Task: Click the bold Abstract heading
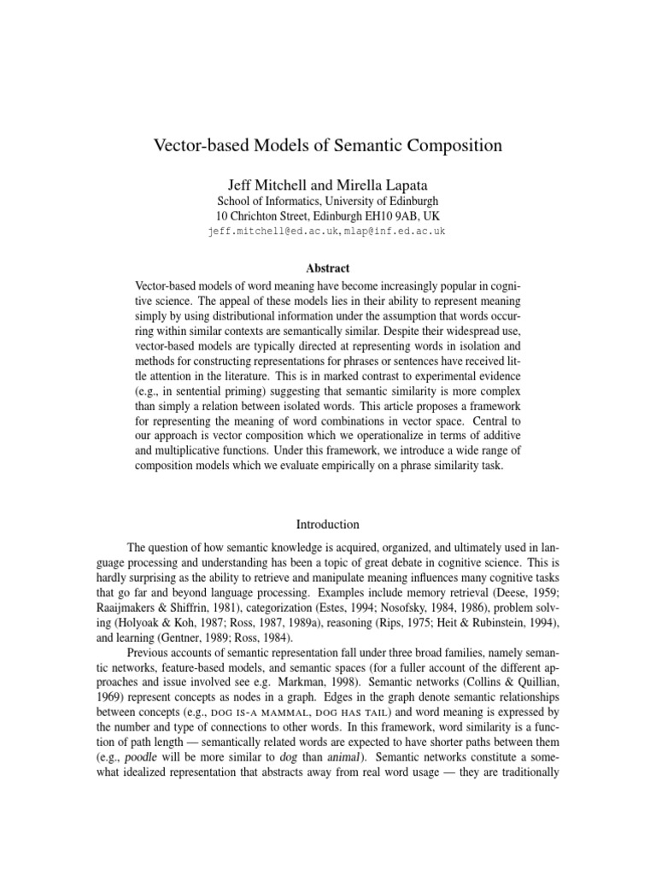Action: coord(328,267)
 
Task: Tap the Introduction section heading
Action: coord(328,524)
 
